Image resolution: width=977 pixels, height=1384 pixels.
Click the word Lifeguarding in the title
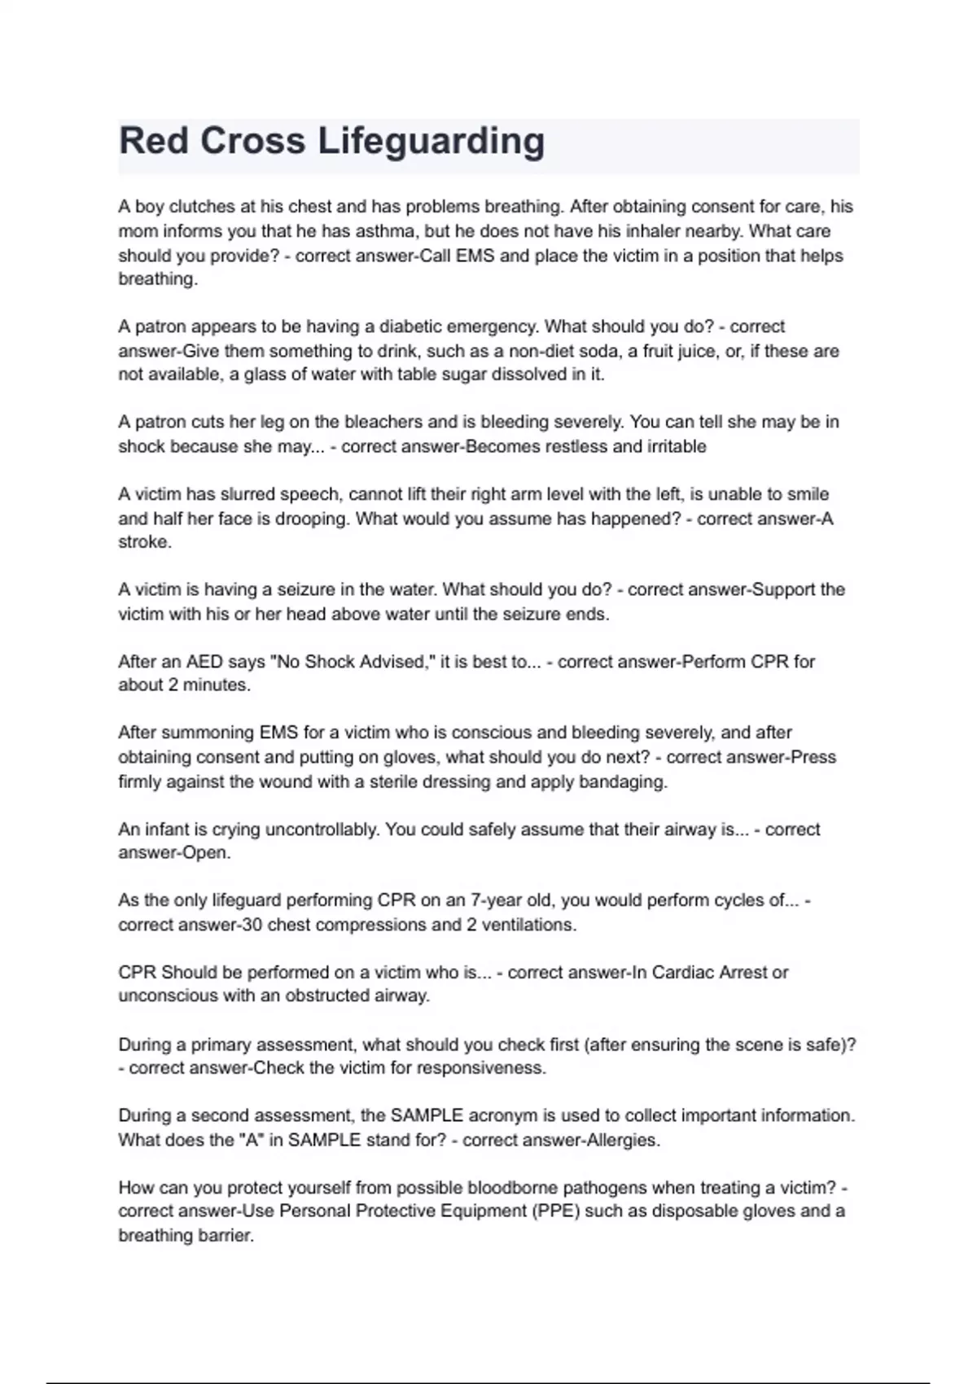click(x=431, y=142)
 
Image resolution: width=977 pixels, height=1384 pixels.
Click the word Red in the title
click(x=153, y=140)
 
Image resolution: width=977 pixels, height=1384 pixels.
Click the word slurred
click(x=244, y=495)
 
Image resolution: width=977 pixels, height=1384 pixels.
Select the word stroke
click(x=144, y=542)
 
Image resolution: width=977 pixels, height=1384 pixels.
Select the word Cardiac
click(x=682, y=973)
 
